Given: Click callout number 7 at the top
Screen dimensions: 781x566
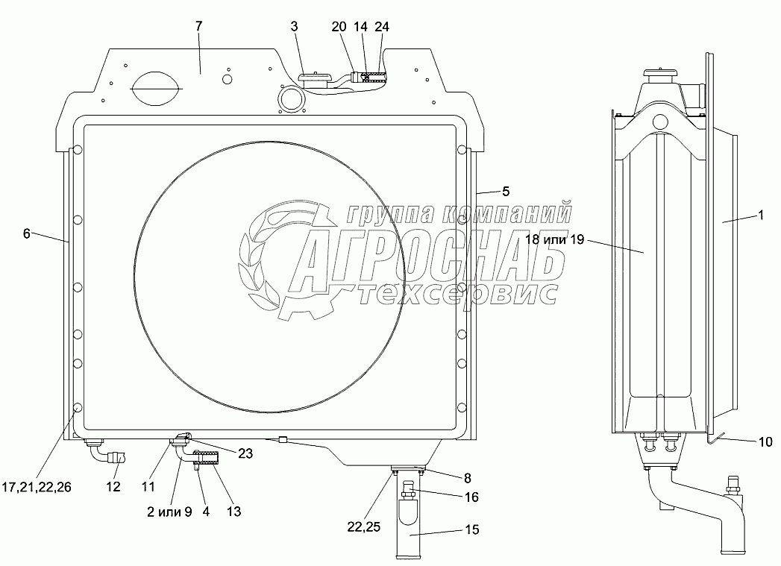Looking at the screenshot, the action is click(x=198, y=26).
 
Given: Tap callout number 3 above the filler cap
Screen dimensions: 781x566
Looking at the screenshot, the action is click(x=294, y=26).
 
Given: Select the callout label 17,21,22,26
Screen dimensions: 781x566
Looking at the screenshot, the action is click(x=37, y=487).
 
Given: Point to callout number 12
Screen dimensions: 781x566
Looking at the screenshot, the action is click(x=113, y=486).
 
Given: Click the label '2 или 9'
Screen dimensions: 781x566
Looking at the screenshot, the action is click(x=169, y=512).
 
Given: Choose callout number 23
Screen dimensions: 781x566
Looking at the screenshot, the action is click(x=245, y=453).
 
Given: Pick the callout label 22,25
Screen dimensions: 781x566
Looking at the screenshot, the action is click(x=363, y=527).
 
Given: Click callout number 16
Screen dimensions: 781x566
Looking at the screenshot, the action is click(x=471, y=497).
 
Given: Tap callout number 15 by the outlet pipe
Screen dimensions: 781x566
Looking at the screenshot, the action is click(x=471, y=529).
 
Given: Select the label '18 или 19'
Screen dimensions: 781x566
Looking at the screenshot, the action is click(x=554, y=239).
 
